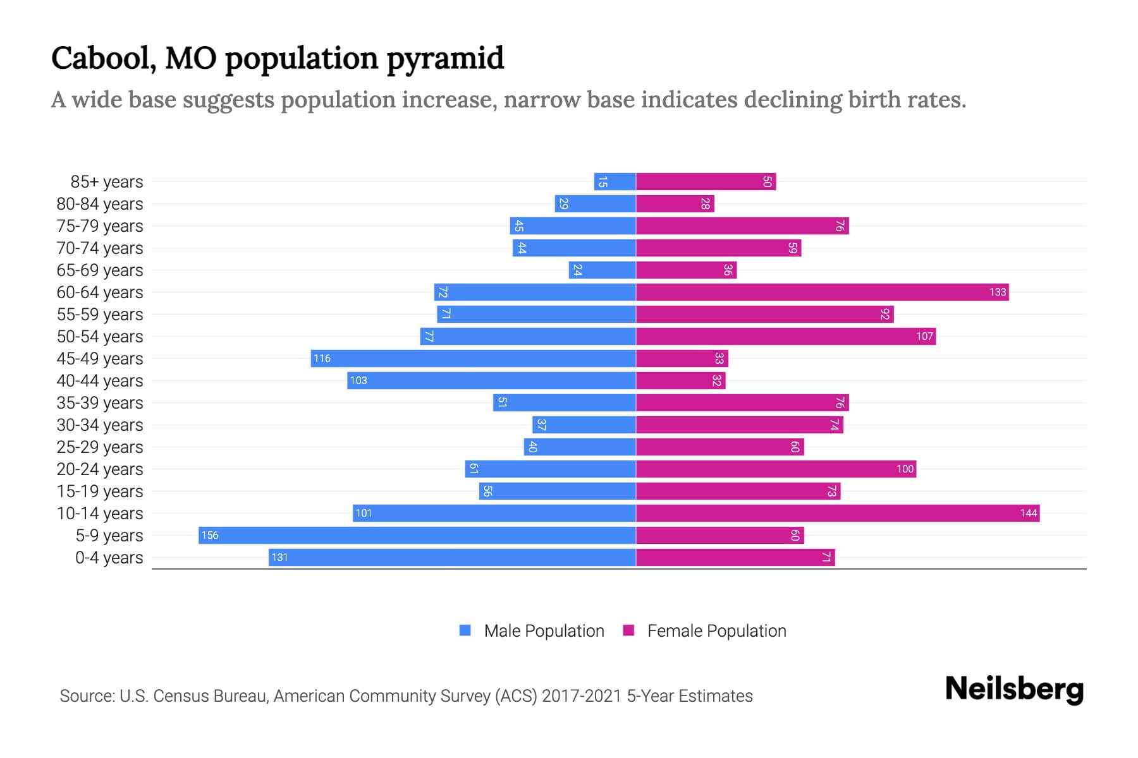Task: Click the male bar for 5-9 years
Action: tap(417, 535)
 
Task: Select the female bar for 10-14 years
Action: tap(838, 513)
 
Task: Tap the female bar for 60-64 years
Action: tap(822, 292)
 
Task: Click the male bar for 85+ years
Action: tap(615, 182)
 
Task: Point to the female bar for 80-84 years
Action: tap(675, 203)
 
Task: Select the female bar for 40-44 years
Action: tap(680, 380)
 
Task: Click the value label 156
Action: tap(209, 536)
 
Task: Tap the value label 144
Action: tap(1028, 513)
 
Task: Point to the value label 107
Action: tap(924, 336)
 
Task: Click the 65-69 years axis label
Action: tap(100, 270)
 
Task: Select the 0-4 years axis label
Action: tap(109, 558)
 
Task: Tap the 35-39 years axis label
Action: tap(100, 403)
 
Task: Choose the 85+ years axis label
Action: tap(107, 182)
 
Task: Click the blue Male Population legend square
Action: tap(465, 630)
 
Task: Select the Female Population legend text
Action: tap(716, 630)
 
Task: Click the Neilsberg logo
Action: tap(1014, 689)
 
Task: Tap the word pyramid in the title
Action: tap(445, 59)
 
